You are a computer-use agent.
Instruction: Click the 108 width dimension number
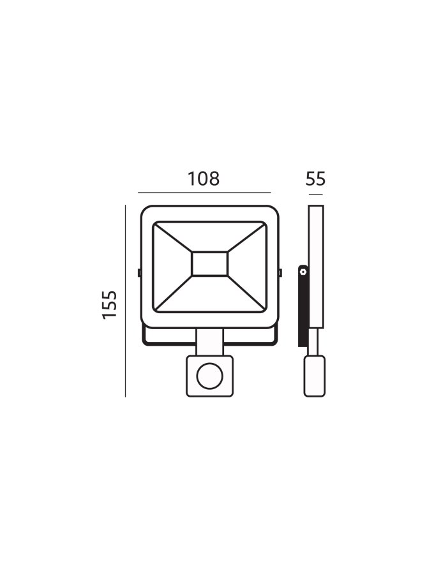pos(204,179)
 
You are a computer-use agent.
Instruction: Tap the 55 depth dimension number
pos(315,179)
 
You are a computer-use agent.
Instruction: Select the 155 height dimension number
pos(110,305)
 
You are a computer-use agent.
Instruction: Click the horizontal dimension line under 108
pos(204,193)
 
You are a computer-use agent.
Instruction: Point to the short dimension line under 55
pos(316,195)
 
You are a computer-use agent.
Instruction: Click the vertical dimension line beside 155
pos(125,301)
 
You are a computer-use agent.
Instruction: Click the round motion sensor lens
pos(209,376)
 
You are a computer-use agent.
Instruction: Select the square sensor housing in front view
pos(209,376)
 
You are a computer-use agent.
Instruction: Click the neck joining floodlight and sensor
pos(209,342)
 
